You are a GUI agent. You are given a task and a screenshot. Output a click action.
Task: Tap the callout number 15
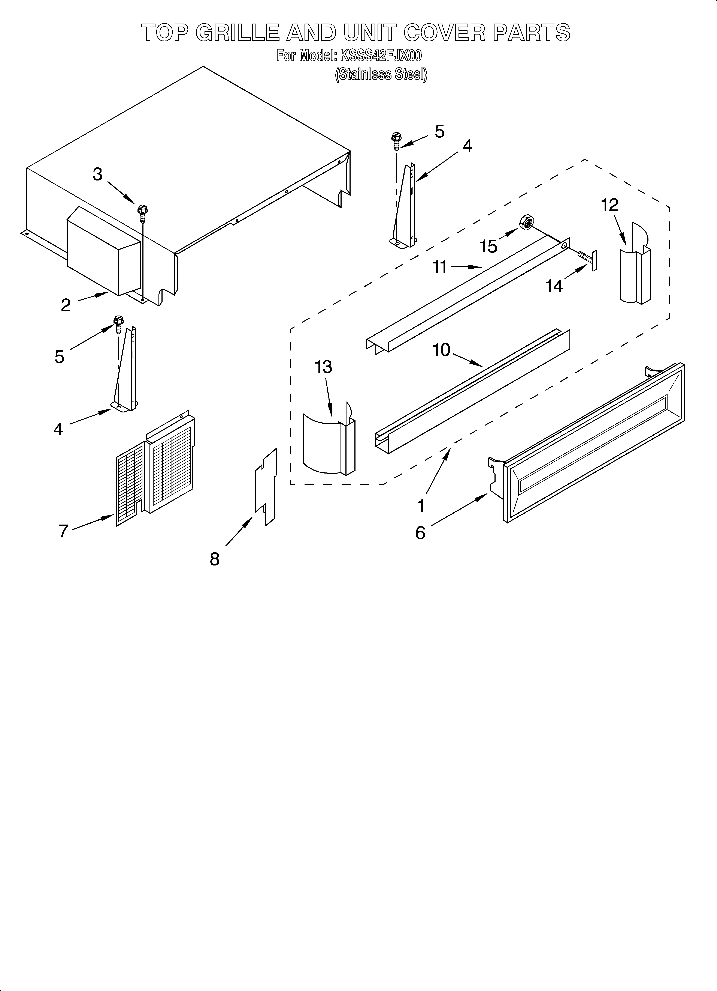point(489,247)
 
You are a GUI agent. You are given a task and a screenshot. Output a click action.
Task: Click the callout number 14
point(554,287)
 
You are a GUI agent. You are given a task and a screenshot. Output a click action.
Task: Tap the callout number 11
point(440,266)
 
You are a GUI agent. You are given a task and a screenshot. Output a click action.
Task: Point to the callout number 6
point(420,533)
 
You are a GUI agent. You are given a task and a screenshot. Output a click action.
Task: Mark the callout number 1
point(421,506)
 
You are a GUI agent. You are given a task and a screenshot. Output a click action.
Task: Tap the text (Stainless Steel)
point(381,75)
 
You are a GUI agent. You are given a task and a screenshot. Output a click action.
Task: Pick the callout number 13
point(324,367)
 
